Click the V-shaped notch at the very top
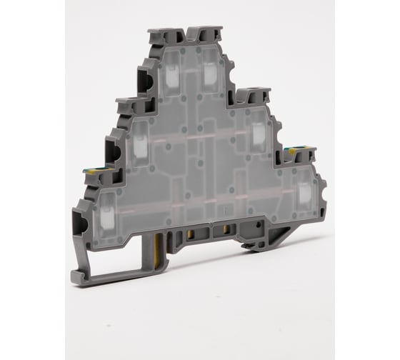(x=187, y=32)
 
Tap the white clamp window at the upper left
(x=171, y=74)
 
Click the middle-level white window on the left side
(x=140, y=146)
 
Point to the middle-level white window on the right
(x=258, y=133)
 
